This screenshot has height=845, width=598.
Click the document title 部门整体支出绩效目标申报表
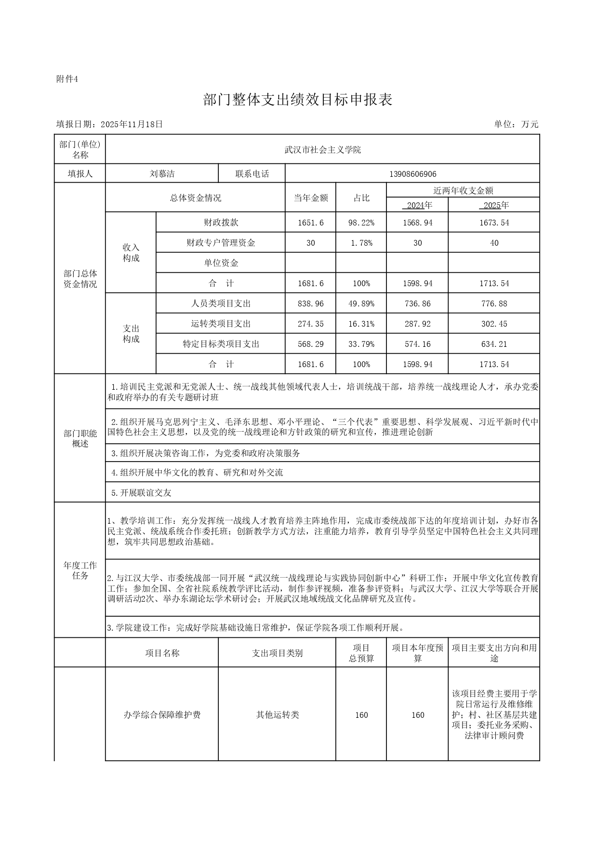pyautogui.click(x=298, y=100)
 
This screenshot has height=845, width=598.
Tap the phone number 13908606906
pyautogui.click(x=412, y=174)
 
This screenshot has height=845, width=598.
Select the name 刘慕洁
pyautogui.click(x=162, y=174)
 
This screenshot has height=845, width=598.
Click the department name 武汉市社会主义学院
pyautogui.click(x=322, y=150)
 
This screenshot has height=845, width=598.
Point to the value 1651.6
pyautogui.click(x=311, y=223)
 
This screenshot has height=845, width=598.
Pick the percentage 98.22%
pyautogui.click(x=361, y=223)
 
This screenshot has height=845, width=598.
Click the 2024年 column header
pyautogui.click(x=417, y=205)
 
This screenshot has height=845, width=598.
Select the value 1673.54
pyautogui.click(x=494, y=223)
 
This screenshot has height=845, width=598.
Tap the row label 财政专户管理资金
pyautogui.click(x=221, y=243)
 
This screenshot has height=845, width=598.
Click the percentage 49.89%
pyautogui.click(x=361, y=304)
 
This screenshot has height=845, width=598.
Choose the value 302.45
pyautogui.click(x=494, y=324)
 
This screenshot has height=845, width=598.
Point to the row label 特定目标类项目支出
pyautogui.click(x=221, y=344)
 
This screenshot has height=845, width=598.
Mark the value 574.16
pyautogui.click(x=417, y=344)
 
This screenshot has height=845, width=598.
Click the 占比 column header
pyautogui.click(x=361, y=198)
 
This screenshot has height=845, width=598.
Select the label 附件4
pyautogui.click(x=67, y=79)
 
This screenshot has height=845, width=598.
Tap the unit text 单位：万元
pyautogui.click(x=516, y=124)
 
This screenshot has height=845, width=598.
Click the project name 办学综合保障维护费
pyautogui.click(x=162, y=714)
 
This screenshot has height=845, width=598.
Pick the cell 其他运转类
pyautogui.click(x=277, y=714)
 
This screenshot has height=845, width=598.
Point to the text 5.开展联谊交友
pyautogui.click(x=141, y=493)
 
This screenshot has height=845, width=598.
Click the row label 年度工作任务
pyautogui.click(x=80, y=570)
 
